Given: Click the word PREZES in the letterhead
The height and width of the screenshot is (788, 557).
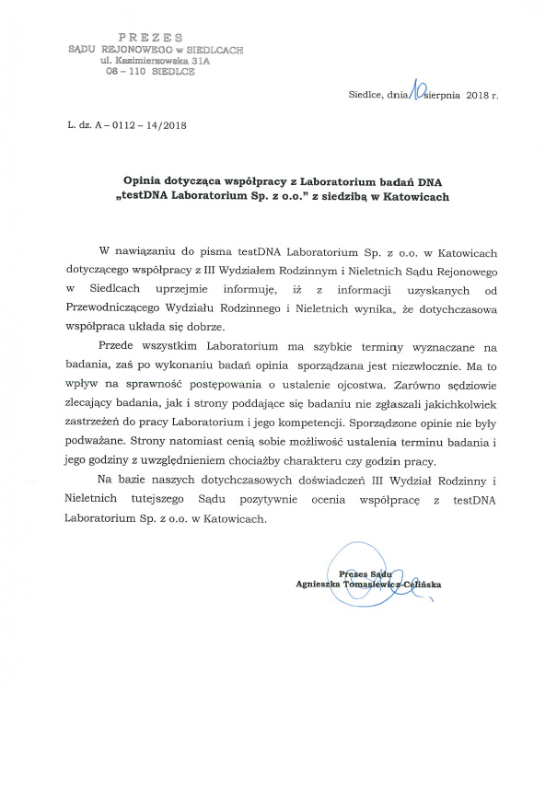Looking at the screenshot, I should (x=152, y=36).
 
